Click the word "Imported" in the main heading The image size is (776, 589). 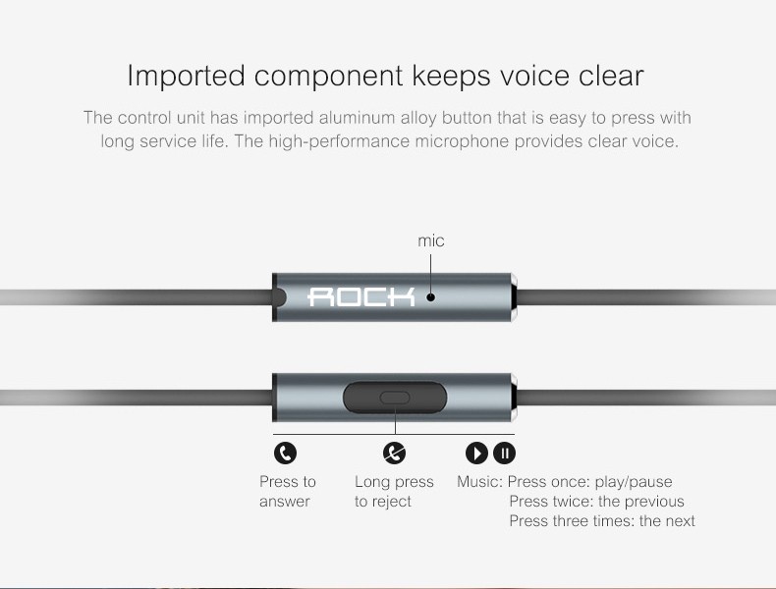point(186,77)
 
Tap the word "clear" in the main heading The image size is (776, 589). point(611,76)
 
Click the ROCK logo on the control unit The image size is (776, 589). point(361,296)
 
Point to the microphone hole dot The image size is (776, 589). point(431,297)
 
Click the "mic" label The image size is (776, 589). point(431,241)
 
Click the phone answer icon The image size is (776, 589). point(285,453)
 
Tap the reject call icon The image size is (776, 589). point(395,453)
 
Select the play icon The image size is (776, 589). point(476,453)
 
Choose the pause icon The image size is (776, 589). point(504,453)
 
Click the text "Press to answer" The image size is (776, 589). point(288,491)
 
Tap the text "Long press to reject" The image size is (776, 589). point(394,491)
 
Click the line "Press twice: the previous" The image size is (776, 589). point(597,501)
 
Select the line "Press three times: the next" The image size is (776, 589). point(602,520)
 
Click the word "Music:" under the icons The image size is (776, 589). point(479,482)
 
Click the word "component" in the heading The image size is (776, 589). point(329,78)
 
